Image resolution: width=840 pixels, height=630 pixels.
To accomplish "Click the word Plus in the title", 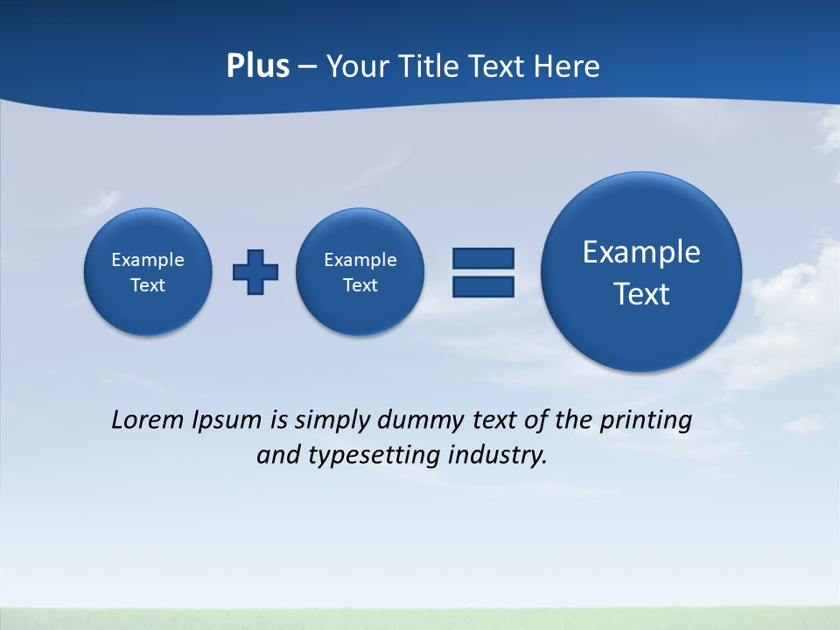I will [257, 66].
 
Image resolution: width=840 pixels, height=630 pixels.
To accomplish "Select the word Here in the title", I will [568, 66].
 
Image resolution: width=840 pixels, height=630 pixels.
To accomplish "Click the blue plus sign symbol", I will [255, 271].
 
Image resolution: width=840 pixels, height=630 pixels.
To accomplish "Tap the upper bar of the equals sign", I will [483, 258].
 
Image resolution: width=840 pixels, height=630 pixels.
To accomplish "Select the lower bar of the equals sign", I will [483, 286].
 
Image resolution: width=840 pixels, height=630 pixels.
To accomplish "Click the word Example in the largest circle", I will [641, 252].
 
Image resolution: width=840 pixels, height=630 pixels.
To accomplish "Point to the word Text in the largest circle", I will [641, 294].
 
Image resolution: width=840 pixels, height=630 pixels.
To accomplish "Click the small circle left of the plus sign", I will [148, 271].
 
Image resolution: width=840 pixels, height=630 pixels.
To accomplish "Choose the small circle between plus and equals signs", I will [360, 271].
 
